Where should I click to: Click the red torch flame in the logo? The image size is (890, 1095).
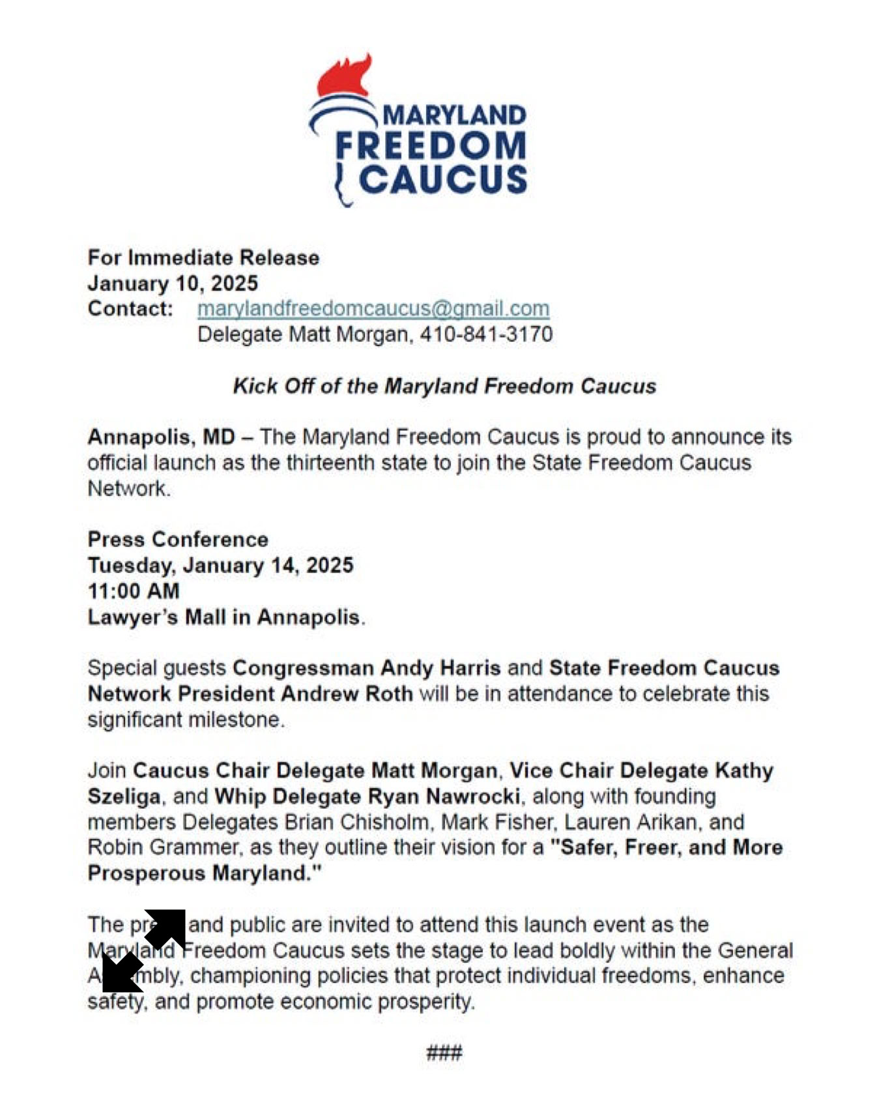[x=343, y=77]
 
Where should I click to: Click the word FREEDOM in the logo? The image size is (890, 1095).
[x=431, y=146]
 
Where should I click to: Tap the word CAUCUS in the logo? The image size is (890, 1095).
[x=443, y=179]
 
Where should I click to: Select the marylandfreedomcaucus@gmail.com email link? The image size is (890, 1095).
[x=373, y=308]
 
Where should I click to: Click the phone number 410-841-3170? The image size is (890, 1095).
[x=486, y=334]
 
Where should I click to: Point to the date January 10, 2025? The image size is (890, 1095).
[x=173, y=284]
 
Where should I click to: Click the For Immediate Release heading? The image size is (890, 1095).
[x=203, y=257]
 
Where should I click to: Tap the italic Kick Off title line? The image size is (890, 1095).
[x=444, y=386]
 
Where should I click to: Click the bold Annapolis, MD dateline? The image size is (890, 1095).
[x=161, y=437]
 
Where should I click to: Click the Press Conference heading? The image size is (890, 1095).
[x=178, y=539]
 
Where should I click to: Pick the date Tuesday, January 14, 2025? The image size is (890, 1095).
[x=220, y=565]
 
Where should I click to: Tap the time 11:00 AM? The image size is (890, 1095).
[x=134, y=591]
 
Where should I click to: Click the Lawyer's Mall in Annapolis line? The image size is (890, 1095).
[x=224, y=617]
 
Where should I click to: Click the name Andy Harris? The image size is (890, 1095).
[x=440, y=668]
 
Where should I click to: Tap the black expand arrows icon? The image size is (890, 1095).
[x=144, y=951]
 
